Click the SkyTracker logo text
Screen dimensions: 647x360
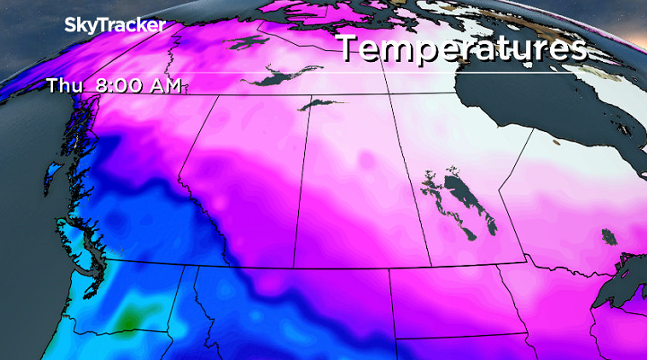click(115, 26)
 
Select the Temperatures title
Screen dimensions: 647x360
click(462, 48)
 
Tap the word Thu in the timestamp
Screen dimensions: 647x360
click(60, 86)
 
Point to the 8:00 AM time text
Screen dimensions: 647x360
click(135, 86)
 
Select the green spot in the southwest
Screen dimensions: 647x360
click(130, 316)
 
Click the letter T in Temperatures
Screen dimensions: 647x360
click(351, 49)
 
